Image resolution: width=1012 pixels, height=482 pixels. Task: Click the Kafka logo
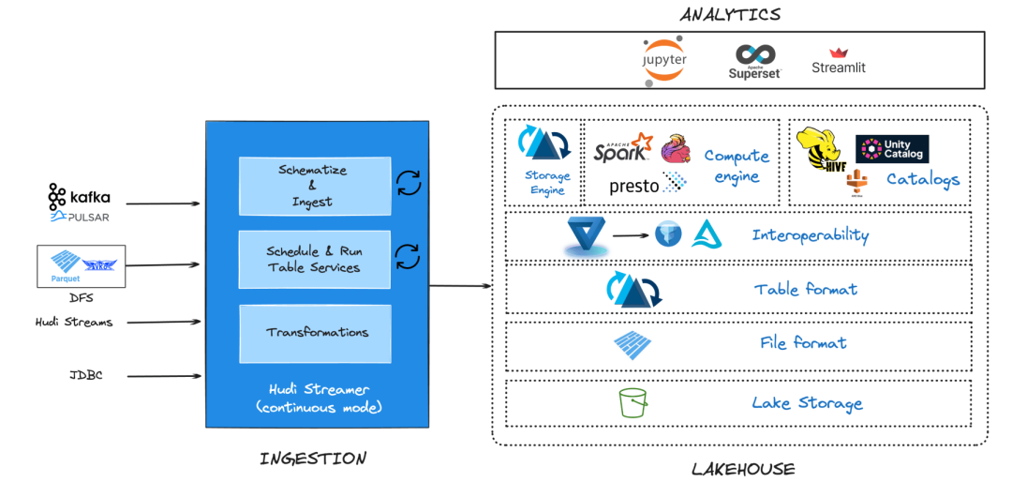[x=79, y=197]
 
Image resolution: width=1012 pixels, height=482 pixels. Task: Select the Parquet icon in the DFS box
[x=65, y=264]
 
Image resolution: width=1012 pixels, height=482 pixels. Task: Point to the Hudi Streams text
[x=73, y=323]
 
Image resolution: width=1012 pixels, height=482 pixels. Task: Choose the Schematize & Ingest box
[x=313, y=186]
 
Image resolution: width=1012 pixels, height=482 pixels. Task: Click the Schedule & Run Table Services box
[x=313, y=259]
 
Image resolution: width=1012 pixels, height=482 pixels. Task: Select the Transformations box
[x=316, y=333]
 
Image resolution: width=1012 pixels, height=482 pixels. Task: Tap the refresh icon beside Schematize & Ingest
[x=409, y=183]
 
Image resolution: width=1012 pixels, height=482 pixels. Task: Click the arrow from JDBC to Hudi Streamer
[x=164, y=377]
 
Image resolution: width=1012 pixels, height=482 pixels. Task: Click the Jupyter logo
[x=664, y=59]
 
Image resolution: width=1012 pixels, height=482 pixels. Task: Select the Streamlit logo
[x=839, y=62]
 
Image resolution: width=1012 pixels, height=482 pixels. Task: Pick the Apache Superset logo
[x=754, y=62]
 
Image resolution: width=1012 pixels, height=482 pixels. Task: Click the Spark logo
[x=622, y=148]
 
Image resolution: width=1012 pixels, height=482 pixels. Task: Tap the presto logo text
[x=634, y=186]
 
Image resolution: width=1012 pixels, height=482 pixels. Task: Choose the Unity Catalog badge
[x=892, y=149]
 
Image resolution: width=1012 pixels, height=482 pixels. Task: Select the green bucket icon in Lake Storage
[x=634, y=404]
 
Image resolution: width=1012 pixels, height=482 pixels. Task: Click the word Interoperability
[x=810, y=235]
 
